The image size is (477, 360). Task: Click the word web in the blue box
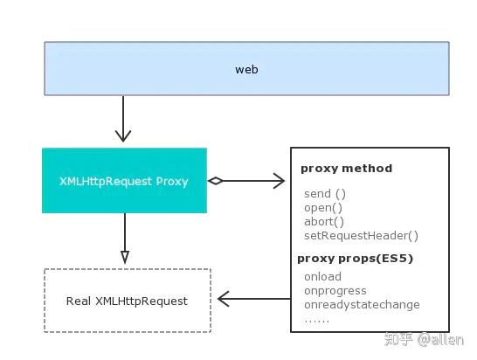[x=246, y=69]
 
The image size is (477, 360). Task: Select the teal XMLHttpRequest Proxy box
[x=124, y=181]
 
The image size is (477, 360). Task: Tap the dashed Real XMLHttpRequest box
[x=127, y=301]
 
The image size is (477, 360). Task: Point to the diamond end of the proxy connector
[x=215, y=181]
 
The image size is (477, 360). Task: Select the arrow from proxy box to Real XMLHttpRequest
[x=125, y=238]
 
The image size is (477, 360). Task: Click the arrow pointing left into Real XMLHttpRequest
[x=253, y=300]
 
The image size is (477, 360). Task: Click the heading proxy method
[x=346, y=169]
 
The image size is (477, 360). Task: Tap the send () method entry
[x=325, y=193]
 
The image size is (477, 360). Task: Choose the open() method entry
[x=323, y=207]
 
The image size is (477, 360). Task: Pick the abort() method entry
[x=324, y=221]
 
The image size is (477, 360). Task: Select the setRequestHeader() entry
[x=361, y=235]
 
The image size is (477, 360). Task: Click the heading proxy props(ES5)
[x=355, y=259]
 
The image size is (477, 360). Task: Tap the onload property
[x=322, y=277]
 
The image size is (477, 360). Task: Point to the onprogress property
[x=335, y=291]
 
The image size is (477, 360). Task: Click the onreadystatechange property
[x=362, y=305]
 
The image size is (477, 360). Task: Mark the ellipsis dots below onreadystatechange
[x=316, y=319]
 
